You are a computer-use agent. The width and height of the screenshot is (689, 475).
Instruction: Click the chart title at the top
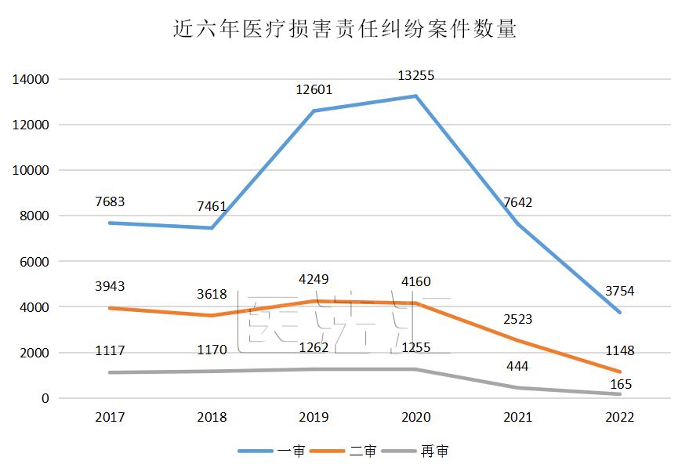(x=344, y=29)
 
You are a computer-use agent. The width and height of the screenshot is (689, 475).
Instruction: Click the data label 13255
(x=415, y=76)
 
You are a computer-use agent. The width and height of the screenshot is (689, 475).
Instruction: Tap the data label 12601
(x=314, y=89)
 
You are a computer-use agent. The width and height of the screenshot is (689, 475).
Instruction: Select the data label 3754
(x=619, y=292)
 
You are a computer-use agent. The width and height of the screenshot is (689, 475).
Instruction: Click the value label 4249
(x=314, y=278)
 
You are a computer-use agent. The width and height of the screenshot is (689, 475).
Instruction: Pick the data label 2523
(x=517, y=319)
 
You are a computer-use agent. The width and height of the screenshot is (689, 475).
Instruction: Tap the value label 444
(x=517, y=366)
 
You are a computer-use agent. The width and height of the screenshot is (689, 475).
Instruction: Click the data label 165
(x=619, y=385)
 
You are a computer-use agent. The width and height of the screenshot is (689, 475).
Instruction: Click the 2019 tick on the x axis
(x=314, y=417)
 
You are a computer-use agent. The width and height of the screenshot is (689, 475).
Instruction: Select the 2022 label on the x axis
(x=619, y=417)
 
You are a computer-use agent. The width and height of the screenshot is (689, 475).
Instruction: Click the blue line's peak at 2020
(x=415, y=96)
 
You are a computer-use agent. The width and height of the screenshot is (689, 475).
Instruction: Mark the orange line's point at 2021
(x=517, y=340)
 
